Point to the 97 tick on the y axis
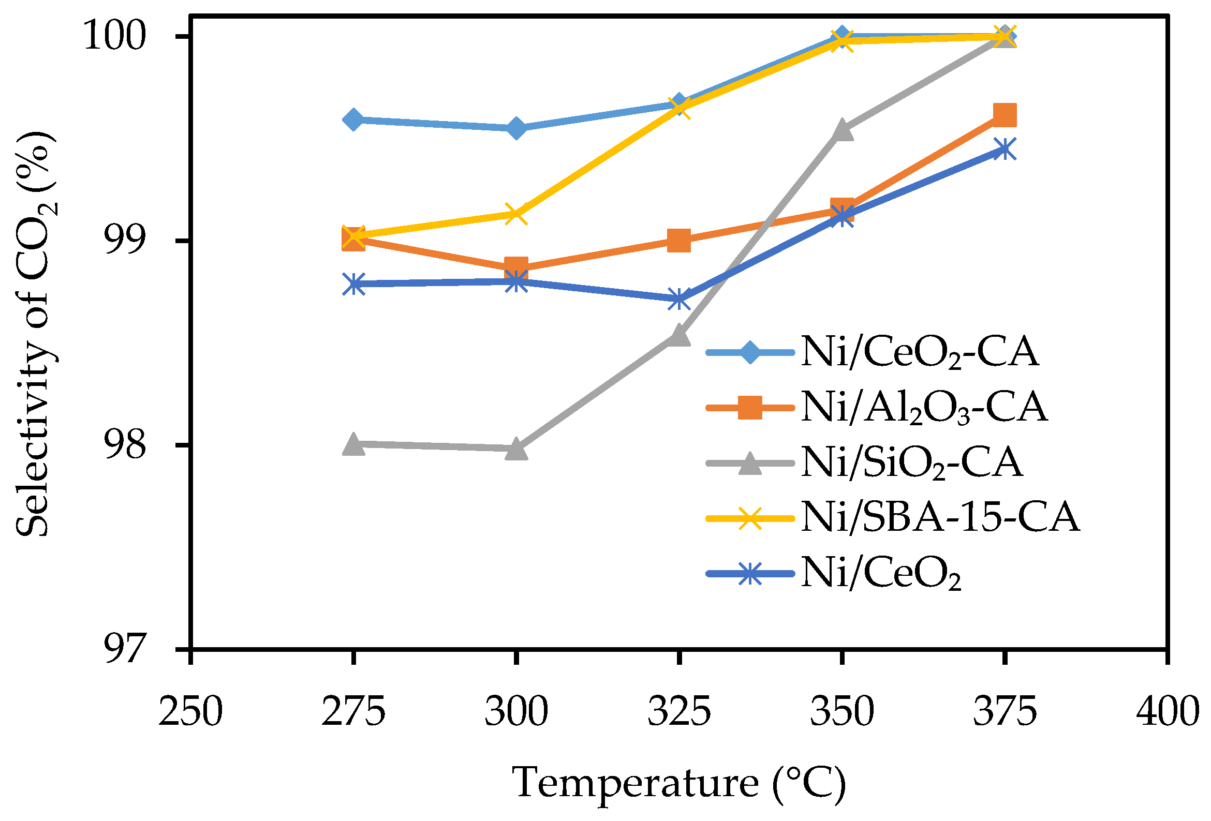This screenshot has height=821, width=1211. point(124,649)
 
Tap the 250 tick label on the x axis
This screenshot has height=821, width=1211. point(190,712)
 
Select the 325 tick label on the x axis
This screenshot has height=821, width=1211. point(679,712)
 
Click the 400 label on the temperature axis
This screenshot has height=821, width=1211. point(1167,712)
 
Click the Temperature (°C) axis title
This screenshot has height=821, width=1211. point(679,783)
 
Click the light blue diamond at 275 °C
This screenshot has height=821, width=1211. point(353,120)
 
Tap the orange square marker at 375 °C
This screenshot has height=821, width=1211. point(1005,115)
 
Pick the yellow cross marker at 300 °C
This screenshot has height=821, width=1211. point(516,214)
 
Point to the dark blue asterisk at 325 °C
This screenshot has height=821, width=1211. point(679,300)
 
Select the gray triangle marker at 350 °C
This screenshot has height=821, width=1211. point(842,130)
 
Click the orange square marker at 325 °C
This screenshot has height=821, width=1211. point(679,241)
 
